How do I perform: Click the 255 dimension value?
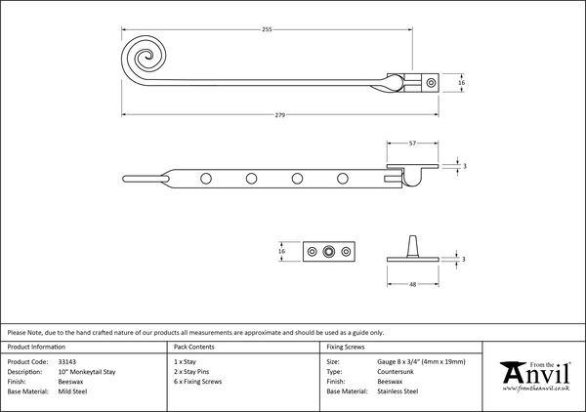point(266,29)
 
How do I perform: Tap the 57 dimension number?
point(414,144)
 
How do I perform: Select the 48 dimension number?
point(414,284)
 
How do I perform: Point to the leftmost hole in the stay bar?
point(205,178)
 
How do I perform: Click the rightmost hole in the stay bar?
point(343,178)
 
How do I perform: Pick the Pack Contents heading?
point(194,347)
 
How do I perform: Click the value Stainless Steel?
point(398,391)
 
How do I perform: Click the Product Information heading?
point(36,347)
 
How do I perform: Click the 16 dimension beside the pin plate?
point(281,252)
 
